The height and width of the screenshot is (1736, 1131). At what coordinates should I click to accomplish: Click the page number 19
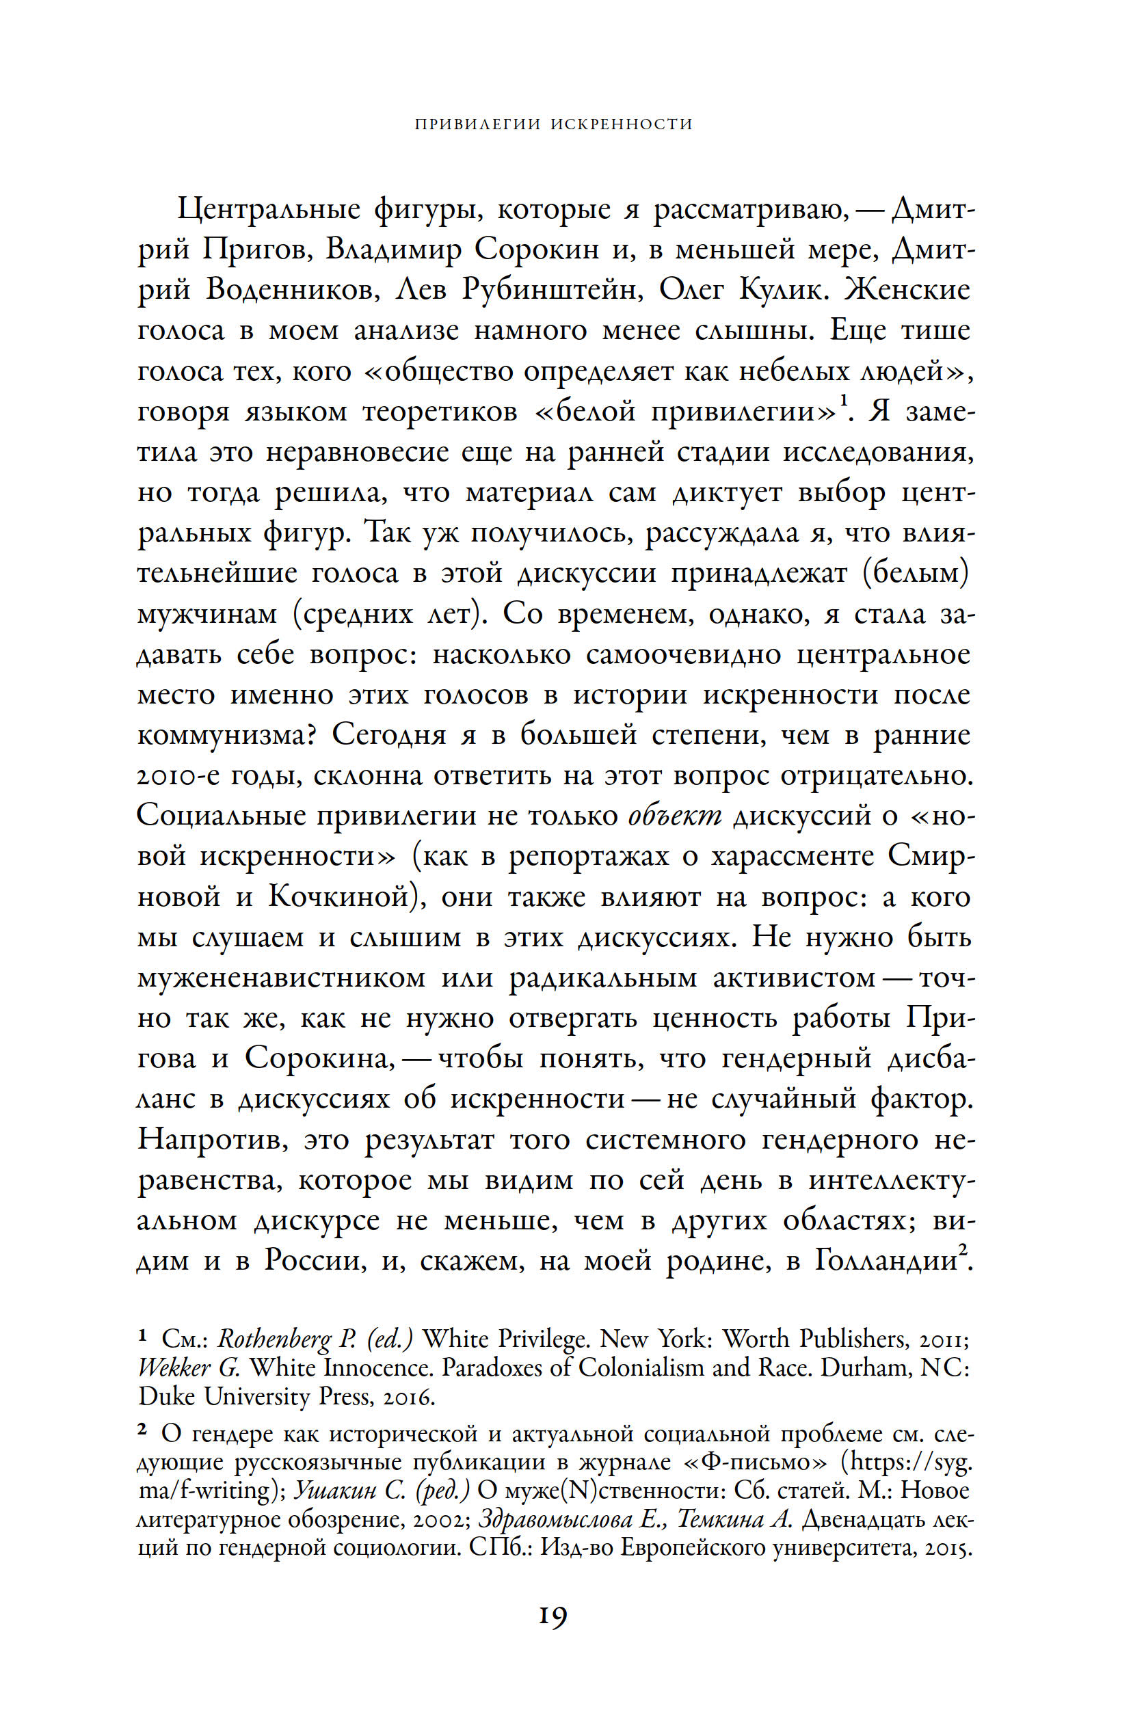553,1616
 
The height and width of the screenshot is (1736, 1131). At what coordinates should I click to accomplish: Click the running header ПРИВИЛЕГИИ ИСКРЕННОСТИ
553,124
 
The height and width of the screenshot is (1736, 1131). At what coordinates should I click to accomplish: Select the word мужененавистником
281,978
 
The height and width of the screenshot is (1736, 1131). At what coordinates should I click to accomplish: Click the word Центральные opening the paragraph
269,210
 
